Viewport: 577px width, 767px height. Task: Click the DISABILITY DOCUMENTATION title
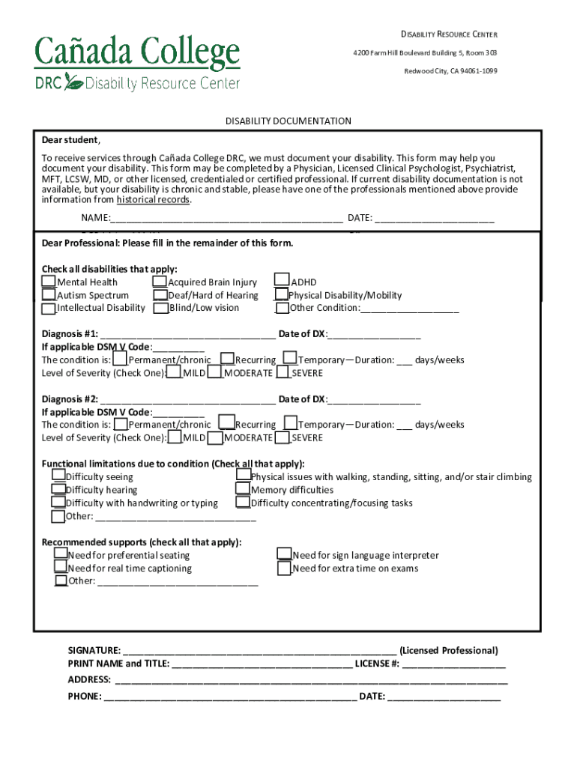click(x=288, y=121)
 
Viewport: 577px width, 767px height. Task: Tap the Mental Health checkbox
click(x=48, y=282)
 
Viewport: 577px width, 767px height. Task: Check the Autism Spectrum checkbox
click(x=48, y=295)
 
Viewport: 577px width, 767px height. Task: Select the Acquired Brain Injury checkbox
click(x=160, y=282)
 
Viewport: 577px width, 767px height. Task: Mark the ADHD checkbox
click(x=282, y=281)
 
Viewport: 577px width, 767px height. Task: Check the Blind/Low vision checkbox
click(x=160, y=308)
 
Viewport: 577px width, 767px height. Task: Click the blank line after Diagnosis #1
click(x=187, y=336)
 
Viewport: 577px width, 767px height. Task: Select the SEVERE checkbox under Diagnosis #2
click(x=283, y=437)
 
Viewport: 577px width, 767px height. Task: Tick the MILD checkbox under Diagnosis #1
click(x=174, y=372)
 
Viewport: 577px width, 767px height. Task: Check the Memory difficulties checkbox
click(x=243, y=489)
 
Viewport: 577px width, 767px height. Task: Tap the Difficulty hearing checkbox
click(x=58, y=490)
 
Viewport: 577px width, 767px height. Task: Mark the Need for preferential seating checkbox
click(x=60, y=554)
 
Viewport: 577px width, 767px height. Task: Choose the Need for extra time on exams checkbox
click(x=284, y=569)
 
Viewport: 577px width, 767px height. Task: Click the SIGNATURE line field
click(x=259, y=651)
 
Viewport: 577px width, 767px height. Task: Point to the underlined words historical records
click(x=153, y=200)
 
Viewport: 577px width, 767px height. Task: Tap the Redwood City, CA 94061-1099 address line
click(x=450, y=71)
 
